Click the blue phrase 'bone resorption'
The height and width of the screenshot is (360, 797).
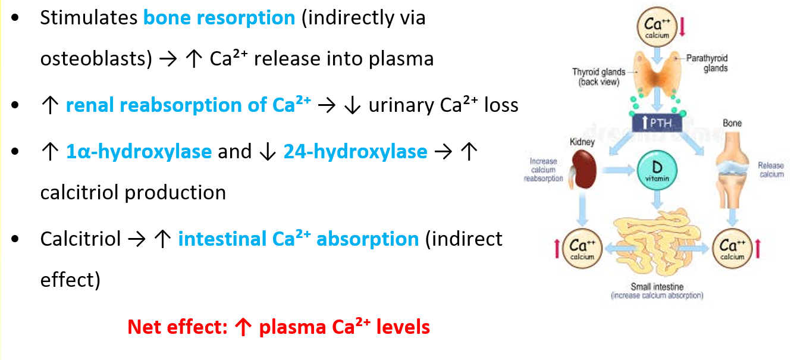click(219, 18)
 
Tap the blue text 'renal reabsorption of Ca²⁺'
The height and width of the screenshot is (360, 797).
click(188, 105)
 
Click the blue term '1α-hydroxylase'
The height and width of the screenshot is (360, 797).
click(139, 152)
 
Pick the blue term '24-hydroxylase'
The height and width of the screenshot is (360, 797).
click(355, 152)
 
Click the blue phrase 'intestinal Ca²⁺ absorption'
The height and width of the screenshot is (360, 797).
click(298, 239)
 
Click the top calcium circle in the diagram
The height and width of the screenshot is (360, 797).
click(657, 26)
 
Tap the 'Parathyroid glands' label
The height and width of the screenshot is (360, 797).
click(707, 63)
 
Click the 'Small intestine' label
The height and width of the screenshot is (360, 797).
click(657, 287)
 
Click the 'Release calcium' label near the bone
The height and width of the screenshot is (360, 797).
click(771, 170)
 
